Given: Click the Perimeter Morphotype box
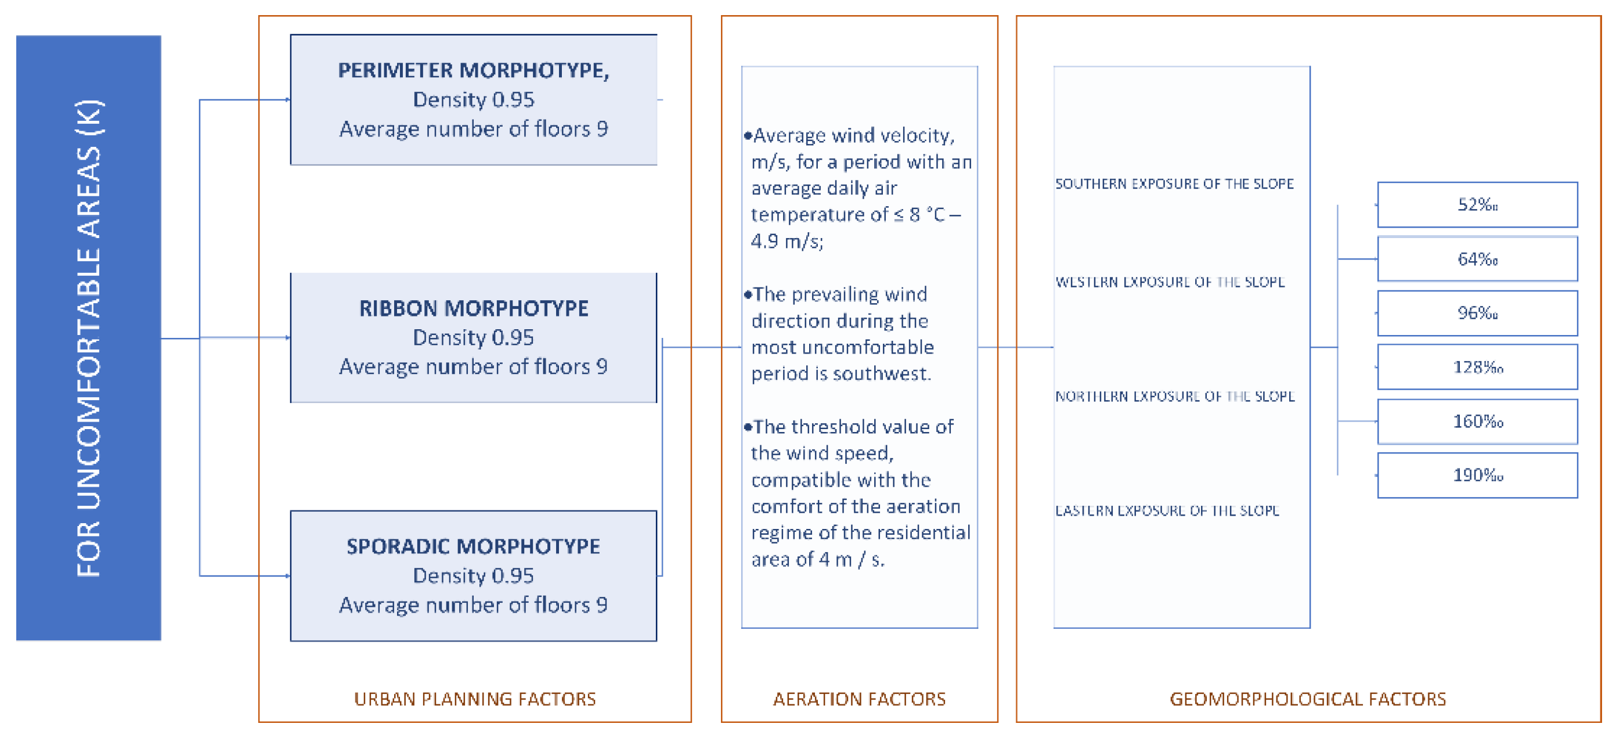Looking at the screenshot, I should point(474,100).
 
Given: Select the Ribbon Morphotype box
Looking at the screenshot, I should point(474,337).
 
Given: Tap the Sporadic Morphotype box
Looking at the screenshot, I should point(474,575).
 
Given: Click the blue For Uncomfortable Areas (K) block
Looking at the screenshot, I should point(88,337).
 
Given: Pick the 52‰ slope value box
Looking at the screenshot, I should point(1477,204).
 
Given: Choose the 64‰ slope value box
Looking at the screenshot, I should point(1477,258).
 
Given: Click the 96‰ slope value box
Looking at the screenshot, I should point(1477,312).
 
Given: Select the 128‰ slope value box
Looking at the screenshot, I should point(1477,366).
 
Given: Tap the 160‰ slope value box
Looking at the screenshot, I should point(1477,421).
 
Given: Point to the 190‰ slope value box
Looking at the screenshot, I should point(1477,475).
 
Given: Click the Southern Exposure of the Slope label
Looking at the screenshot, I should point(1174,184).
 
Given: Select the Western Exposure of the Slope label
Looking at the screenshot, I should point(1170,282).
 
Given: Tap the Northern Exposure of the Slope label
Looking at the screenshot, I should point(1174,396).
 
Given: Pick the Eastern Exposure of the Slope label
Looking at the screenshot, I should point(1167,510).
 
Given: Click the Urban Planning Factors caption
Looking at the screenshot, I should point(474,699).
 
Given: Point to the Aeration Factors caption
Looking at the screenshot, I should point(859,699).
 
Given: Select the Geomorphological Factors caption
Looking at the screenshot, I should point(1307,699).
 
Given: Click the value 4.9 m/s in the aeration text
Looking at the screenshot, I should point(787,241).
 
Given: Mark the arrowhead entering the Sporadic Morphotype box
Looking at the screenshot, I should point(287,575).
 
